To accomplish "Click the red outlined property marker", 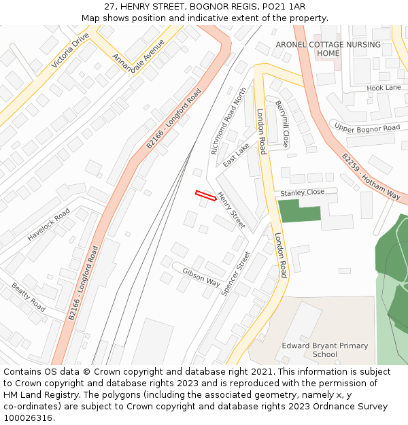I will coord(206,196).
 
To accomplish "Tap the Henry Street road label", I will coord(231,209).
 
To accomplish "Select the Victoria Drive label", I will coord(70,50).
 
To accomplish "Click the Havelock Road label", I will coord(49,225).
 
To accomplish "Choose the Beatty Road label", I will coord(28,298).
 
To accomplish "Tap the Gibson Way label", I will coord(201,277).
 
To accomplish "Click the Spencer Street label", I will coord(236,273).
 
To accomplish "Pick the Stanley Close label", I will coord(303,193).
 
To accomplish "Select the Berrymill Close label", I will coord(282,124).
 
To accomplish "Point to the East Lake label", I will coord(236,156).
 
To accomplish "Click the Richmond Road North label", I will coord(228,120).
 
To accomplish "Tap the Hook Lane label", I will coord(384,88).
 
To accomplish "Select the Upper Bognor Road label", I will coord(367,128).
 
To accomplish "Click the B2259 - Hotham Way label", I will coord(371,176).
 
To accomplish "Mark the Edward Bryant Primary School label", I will coord(325,350).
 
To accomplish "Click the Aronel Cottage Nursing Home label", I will coord(328,49).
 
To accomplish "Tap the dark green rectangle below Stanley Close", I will coord(299,211).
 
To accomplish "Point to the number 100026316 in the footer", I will coord(26,418).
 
